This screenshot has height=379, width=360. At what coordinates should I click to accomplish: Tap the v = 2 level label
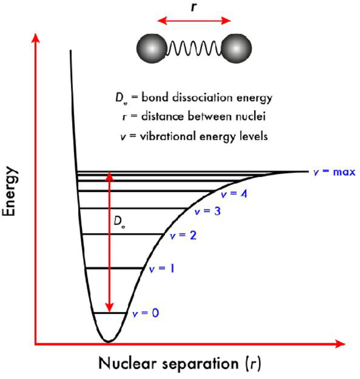pos(183,235)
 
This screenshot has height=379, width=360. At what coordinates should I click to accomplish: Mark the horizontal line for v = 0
pos(109,313)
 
